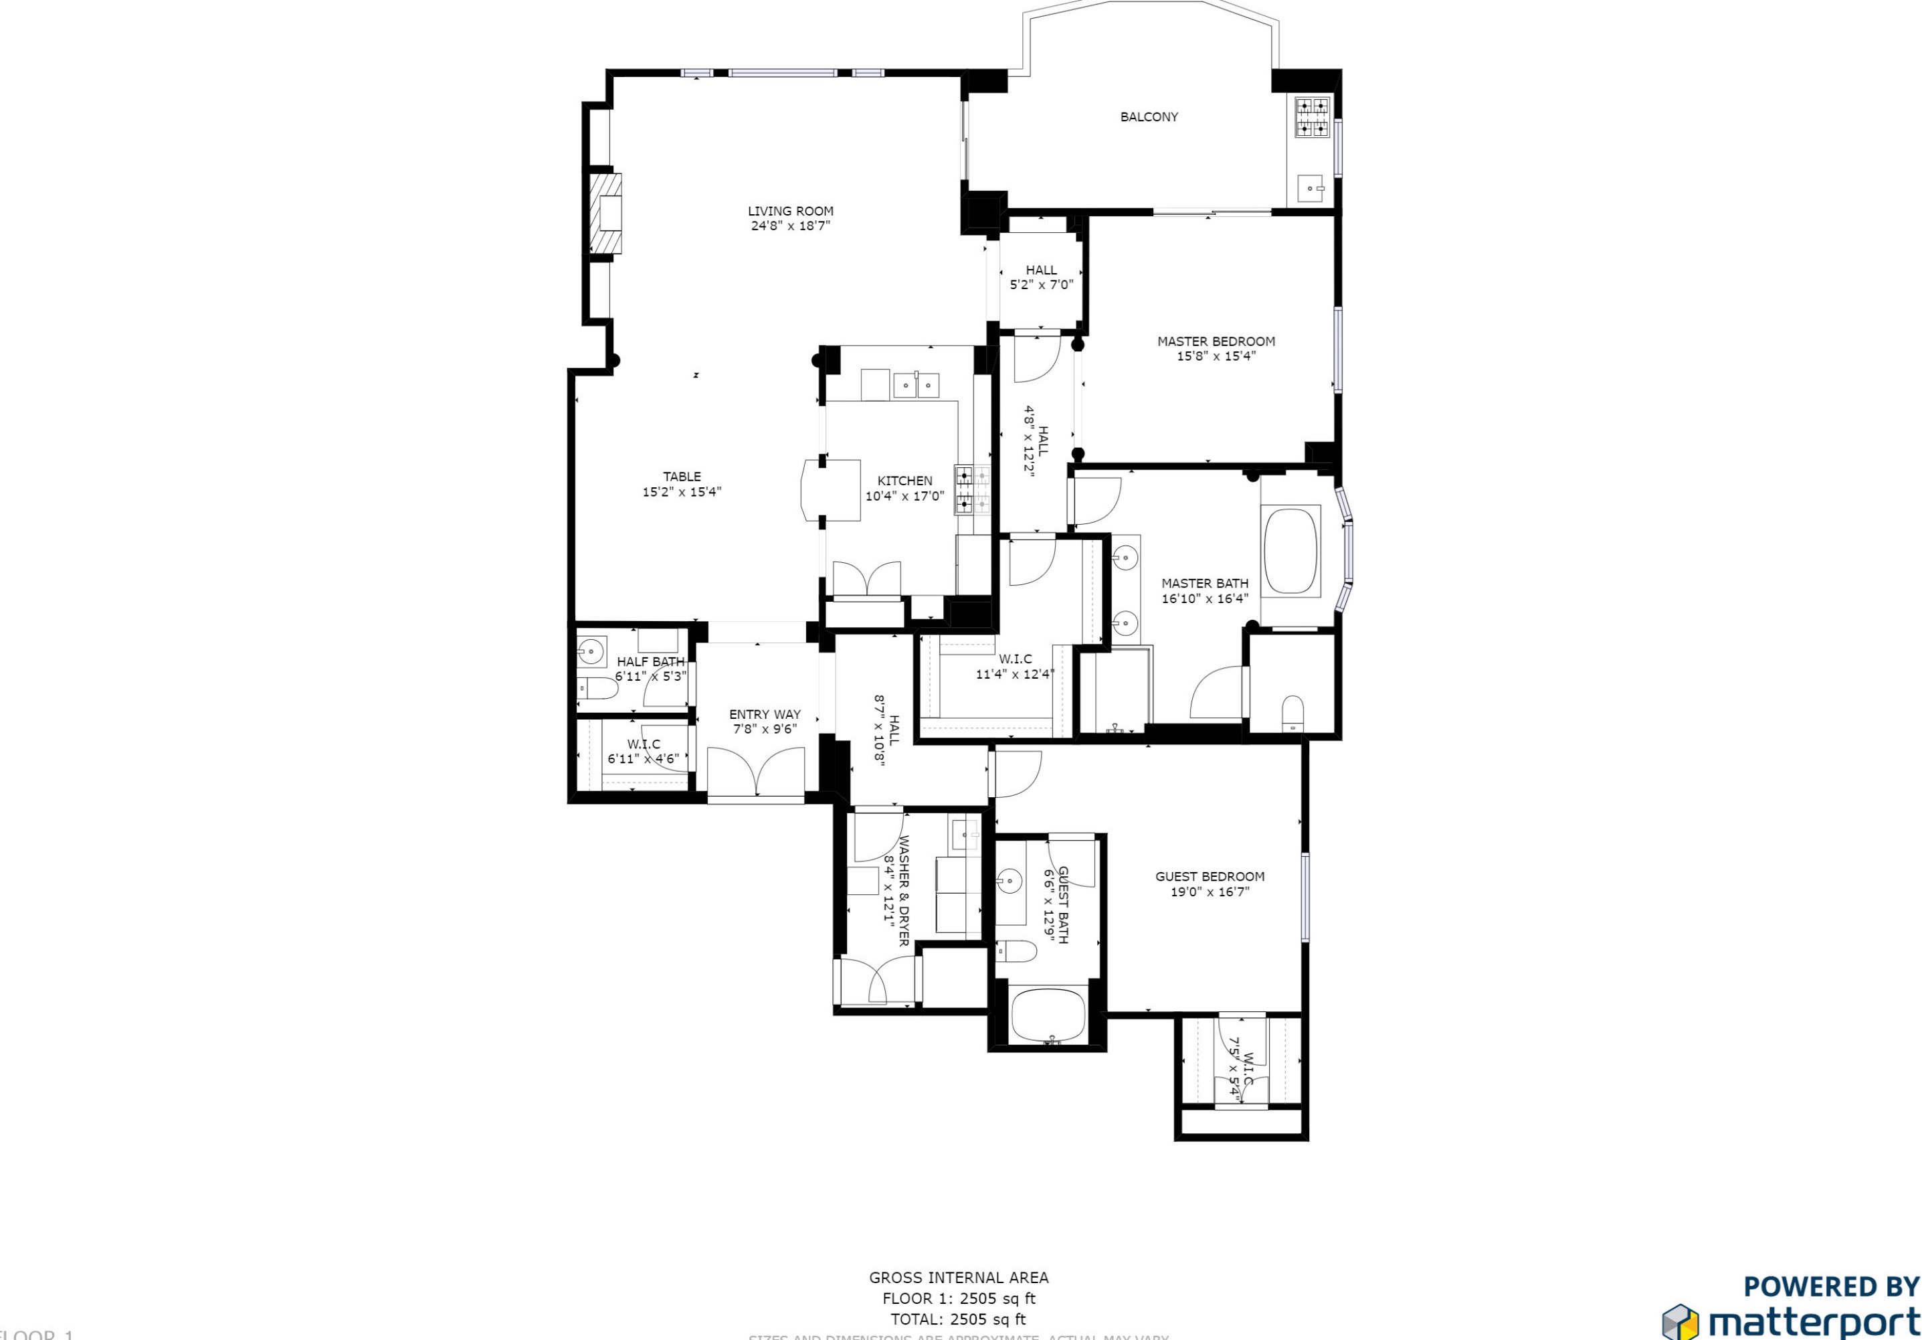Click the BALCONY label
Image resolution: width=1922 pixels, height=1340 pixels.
[1149, 117]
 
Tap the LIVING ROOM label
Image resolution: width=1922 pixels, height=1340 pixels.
[790, 211]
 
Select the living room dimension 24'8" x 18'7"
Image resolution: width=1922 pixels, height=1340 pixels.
[790, 226]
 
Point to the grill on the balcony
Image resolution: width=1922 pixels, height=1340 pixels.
[1312, 117]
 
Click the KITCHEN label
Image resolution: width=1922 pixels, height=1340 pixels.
[904, 481]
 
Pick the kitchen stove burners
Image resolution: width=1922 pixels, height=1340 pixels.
[972, 490]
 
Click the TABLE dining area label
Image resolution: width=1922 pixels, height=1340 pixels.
[682, 477]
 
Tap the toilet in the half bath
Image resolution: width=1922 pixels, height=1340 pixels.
[597, 689]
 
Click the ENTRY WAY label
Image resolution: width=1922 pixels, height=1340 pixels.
[764, 714]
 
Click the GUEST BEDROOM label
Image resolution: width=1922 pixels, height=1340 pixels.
[1210, 876]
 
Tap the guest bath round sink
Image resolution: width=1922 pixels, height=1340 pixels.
[1010, 880]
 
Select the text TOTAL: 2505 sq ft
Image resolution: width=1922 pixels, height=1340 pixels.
[957, 1319]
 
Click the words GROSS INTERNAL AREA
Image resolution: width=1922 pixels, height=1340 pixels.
[959, 1277]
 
